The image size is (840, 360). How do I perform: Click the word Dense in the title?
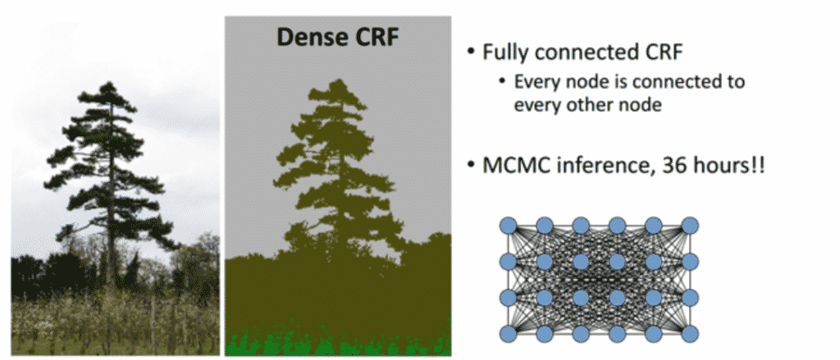point(304,37)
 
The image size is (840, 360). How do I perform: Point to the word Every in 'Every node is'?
point(534,82)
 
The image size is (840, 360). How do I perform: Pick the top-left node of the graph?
point(508,225)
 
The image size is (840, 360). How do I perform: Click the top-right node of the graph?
point(691,225)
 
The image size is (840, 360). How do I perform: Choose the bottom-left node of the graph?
point(508,334)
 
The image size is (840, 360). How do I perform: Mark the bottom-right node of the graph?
point(691,334)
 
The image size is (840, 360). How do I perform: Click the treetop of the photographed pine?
point(110,87)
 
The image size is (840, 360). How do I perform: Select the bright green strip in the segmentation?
point(336,343)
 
